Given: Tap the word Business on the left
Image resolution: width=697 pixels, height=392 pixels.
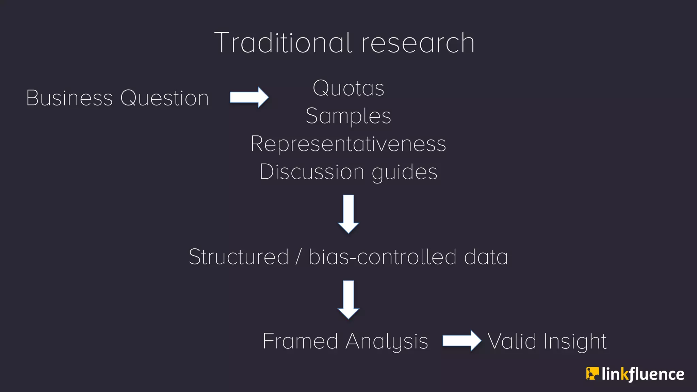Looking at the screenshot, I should [69, 98].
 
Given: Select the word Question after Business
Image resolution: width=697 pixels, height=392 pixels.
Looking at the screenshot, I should [164, 98].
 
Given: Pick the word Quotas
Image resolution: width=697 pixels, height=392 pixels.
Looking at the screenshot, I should [348, 88].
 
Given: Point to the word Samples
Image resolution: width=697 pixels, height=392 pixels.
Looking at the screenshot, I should [348, 116].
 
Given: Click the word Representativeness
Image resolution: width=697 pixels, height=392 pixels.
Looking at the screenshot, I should [348, 144].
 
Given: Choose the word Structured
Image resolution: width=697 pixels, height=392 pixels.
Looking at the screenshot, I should [239, 257].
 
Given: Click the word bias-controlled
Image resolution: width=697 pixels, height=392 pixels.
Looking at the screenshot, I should [382, 257].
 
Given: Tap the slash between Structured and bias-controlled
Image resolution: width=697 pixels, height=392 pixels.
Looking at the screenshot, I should [298, 257].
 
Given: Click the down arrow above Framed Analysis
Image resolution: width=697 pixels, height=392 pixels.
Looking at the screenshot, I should [348, 299].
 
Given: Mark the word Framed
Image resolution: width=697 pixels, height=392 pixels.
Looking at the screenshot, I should [300, 341].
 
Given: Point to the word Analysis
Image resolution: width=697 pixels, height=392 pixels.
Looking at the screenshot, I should [387, 342].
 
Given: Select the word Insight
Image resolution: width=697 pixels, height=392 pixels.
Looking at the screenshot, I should [575, 342].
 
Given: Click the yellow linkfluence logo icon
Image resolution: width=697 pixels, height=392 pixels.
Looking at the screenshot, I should [592, 374].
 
